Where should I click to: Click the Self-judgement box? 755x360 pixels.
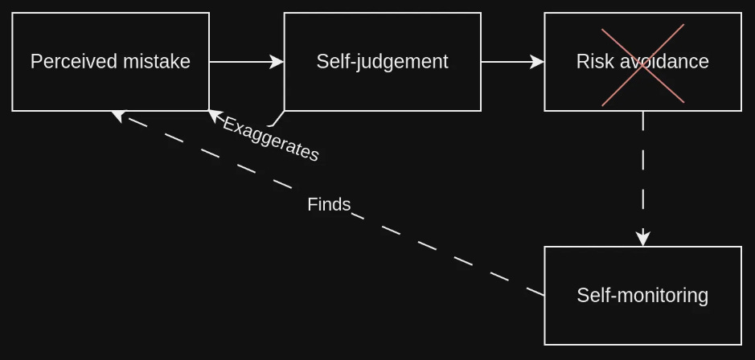(x=382, y=62)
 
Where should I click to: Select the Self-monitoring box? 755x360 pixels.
(x=642, y=296)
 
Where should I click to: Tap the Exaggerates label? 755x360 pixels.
(x=271, y=139)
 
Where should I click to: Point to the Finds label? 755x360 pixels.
(x=329, y=205)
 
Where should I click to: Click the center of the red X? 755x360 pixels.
(x=643, y=64)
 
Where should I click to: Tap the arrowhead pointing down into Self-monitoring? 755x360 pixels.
(x=642, y=239)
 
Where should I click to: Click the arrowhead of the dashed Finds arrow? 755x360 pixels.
(x=118, y=116)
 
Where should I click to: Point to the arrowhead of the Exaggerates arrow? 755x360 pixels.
(x=214, y=116)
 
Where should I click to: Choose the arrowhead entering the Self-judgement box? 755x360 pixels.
(x=277, y=62)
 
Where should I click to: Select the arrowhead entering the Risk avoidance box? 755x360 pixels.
(x=538, y=62)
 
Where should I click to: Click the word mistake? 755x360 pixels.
(x=161, y=62)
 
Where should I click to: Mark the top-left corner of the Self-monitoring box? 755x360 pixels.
(x=545, y=247)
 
